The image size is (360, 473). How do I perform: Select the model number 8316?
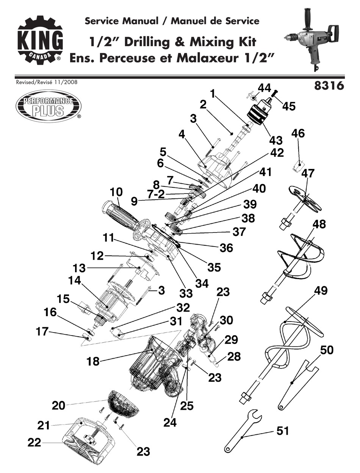pos(329,86)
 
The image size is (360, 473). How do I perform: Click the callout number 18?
pos(92,361)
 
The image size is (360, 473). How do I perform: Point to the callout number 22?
pos(34,442)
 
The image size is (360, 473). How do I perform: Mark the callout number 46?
pos(298,134)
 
